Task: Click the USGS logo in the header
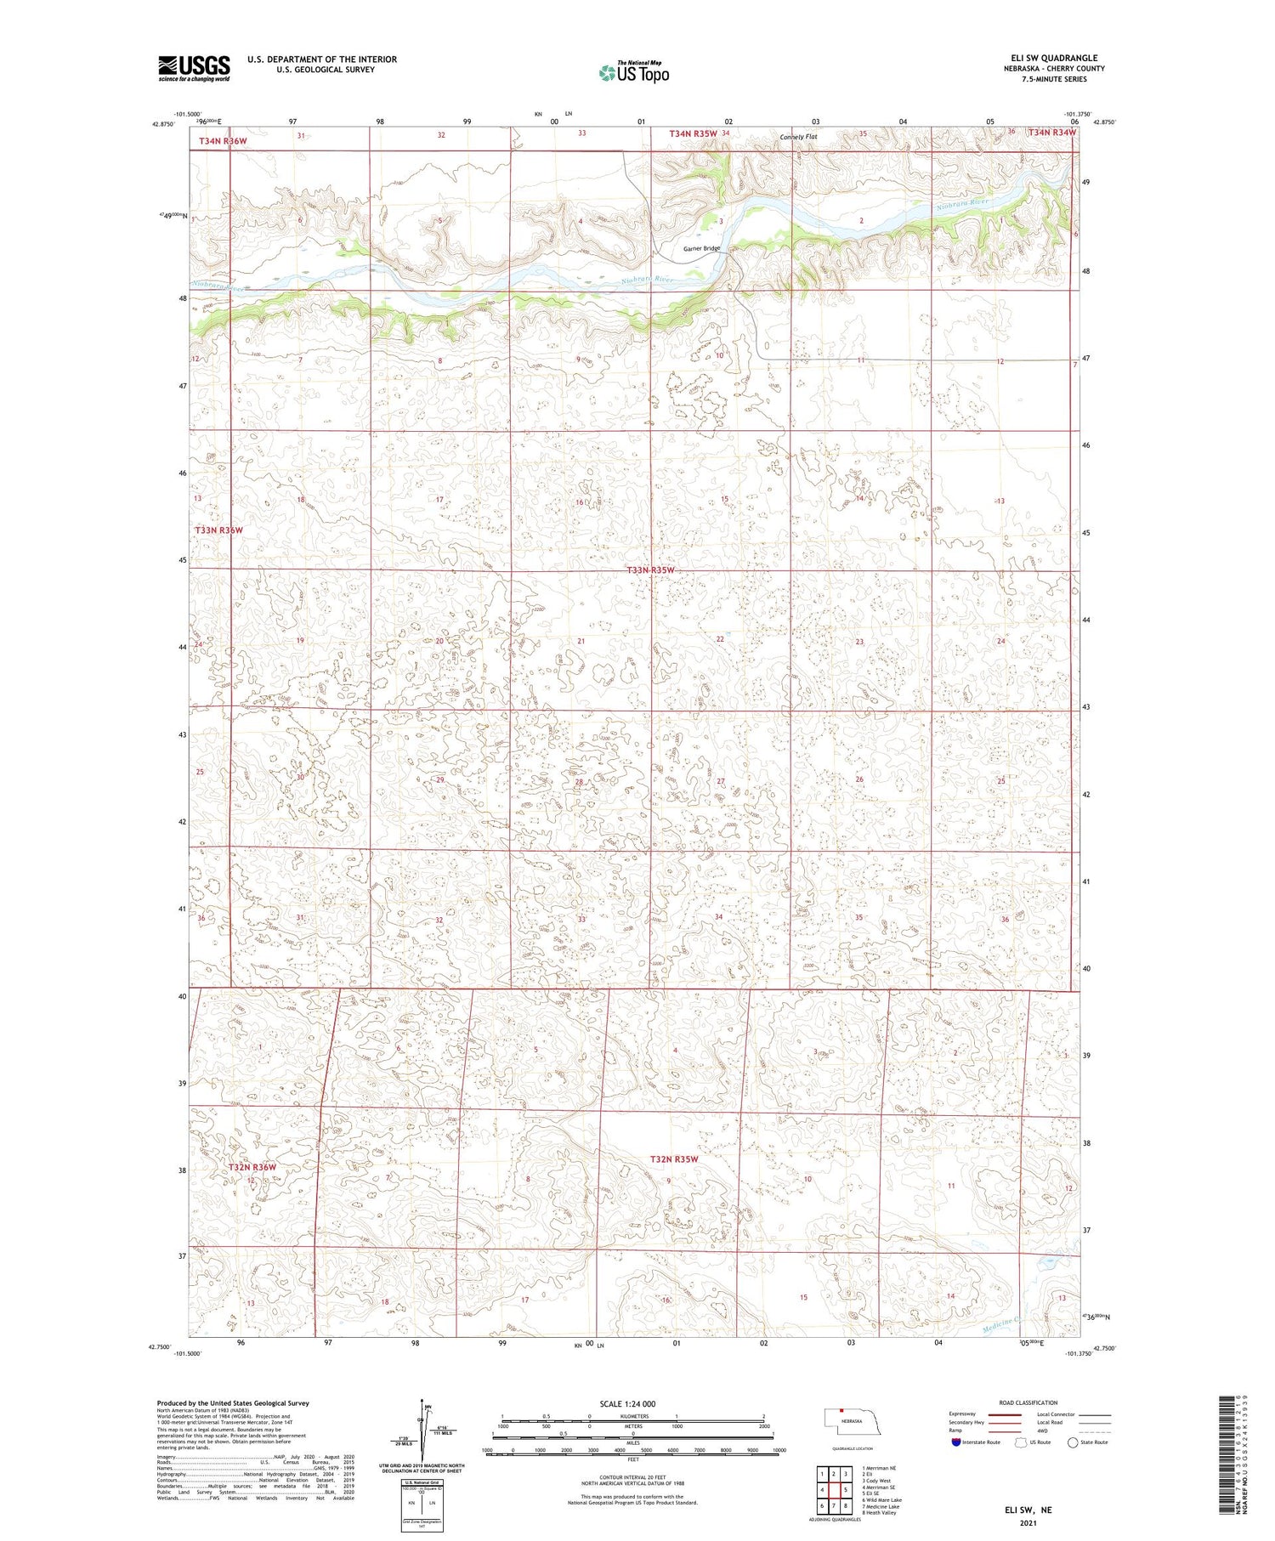194,68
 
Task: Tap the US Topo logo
634,73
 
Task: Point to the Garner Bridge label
701,249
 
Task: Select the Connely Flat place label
798,137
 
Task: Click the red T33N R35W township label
651,569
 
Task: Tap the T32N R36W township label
252,1167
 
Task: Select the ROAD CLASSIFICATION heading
1028,1402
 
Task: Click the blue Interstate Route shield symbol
955,1442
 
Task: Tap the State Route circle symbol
1073,1442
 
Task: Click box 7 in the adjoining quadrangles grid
834,1505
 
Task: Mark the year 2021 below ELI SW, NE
1028,1524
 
